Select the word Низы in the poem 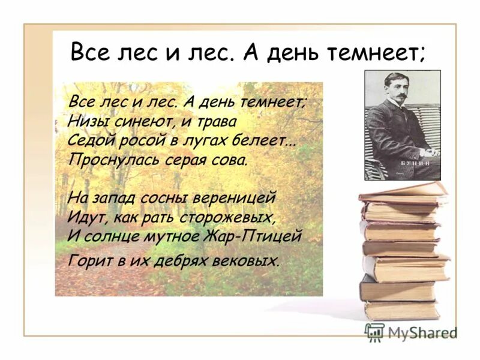87,121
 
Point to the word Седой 90,141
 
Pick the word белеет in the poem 266,141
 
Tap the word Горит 89,261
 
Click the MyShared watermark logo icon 375,332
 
